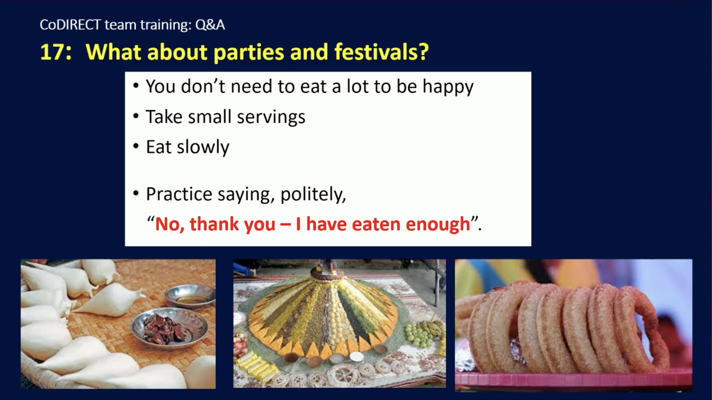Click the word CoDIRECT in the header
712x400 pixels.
click(70, 25)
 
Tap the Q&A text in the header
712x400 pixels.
click(210, 25)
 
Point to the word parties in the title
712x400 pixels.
click(249, 53)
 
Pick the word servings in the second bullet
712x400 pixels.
click(271, 117)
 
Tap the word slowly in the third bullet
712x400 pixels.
click(203, 147)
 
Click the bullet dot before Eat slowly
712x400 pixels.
click(136, 146)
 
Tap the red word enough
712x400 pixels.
click(438, 224)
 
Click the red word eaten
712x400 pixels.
click(376, 224)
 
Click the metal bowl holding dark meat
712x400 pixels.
click(169, 328)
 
